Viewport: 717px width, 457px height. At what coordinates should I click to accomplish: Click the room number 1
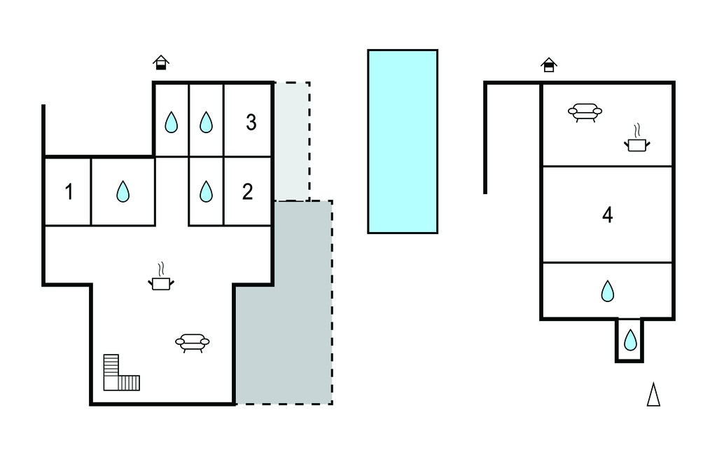pyautogui.click(x=69, y=192)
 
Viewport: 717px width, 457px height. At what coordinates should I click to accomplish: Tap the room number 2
pyautogui.click(x=247, y=192)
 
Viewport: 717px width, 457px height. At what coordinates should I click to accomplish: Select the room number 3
pyautogui.click(x=251, y=122)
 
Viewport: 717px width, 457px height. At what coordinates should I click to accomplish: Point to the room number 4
pyautogui.click(x=607, y=214)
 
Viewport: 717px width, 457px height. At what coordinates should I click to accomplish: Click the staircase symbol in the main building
pyautogui.click(x=121, y=373)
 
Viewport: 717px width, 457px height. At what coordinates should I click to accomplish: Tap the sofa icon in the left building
pyautogui.click(x=193, y=343)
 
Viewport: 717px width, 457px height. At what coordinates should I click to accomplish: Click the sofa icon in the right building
pyautogui.click(x=585, y=112)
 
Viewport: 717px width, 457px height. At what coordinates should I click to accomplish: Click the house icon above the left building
pyautogui.click(x=161, y=62)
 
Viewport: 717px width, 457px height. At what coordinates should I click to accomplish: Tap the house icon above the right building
pyautogui.click(x=549, y=64)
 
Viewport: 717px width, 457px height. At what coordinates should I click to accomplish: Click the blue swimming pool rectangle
pyautogui.click(x=403, y=142)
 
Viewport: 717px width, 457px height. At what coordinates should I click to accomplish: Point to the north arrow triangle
pyautogui.click(x=653, y=394)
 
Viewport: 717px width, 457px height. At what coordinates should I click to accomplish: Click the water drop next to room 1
pyautogui.click(x=123, y=191)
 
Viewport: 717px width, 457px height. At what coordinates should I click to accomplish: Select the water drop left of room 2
pyautogui.click(x=207, y=191)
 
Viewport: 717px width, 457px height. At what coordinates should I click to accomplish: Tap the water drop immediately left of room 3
pyautogui.click(x=207, y=122)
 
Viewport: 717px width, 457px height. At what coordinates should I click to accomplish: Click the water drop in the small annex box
pyautogui.click(x=630, y=340)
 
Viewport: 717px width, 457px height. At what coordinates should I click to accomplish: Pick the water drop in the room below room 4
pyautogui.click(x=607, y=291)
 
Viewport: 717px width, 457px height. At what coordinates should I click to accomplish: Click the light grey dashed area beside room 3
pyautogui.click(x=292, y=142)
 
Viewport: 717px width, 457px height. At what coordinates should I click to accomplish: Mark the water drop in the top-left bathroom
pyautogui.click(x=171, y=122)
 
